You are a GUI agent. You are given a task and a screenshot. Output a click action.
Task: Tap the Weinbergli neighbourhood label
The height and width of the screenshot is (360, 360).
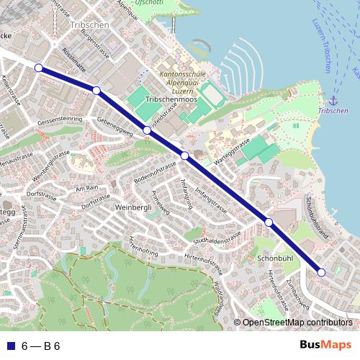click(x=132, y=207)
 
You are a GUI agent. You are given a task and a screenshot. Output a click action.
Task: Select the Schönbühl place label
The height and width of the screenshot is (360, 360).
click(x=275, y=257)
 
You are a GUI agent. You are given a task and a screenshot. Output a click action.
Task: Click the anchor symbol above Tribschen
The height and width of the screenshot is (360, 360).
click(x=333, y=100)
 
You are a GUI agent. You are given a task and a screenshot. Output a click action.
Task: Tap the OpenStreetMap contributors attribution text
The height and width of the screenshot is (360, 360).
click(x=297, y=323)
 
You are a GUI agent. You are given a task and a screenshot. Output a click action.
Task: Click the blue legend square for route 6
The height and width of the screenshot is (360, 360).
click(x=10, y=346)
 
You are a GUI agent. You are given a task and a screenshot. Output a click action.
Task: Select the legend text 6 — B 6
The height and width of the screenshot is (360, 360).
click(x=41, y=346)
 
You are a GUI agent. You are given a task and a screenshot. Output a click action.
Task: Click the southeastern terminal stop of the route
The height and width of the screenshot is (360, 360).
click(x=321, y=271)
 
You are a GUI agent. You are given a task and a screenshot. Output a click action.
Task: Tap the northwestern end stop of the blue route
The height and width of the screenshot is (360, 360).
click(x=39, y=69)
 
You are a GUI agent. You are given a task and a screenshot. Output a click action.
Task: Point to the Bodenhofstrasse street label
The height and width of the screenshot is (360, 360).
click(x=155, y=172)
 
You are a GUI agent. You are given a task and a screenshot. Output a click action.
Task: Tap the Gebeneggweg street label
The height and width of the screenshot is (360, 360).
click(x=115, y=127)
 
